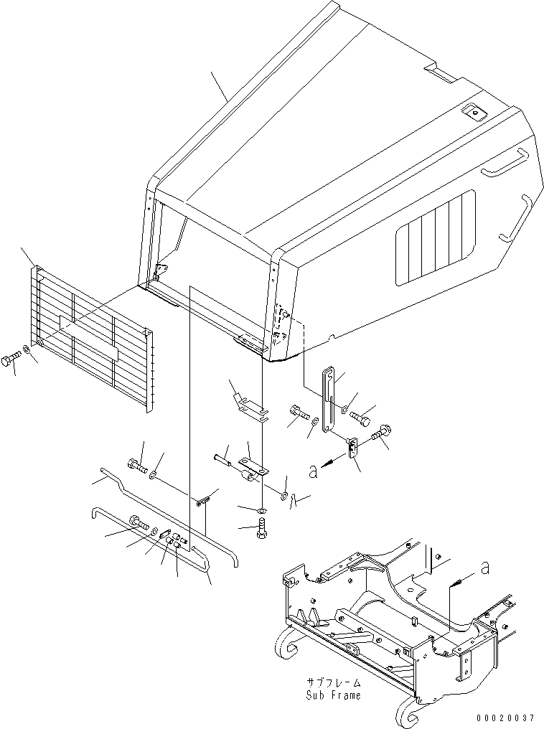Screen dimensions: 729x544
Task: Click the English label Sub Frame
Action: point(334,695)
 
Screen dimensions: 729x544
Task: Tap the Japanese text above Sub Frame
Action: point(334,682)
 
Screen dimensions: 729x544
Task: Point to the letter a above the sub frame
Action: point(485,567)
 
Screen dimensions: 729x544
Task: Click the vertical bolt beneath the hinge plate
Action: point(262,532)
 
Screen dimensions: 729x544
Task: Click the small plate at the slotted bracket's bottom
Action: point(352,448)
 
